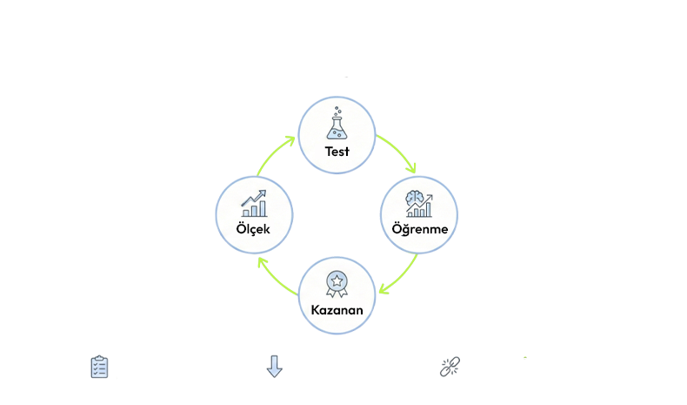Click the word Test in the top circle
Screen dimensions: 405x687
tap(337, 152)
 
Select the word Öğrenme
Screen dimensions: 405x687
tap(420, 229)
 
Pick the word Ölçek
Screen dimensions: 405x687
tap(253, 229)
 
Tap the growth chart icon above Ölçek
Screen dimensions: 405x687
tap(254, 204)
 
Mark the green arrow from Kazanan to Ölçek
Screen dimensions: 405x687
tap(276, 276)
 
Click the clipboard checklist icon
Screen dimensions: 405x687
tap(100, 367)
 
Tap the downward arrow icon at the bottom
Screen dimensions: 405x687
tap(274, 367)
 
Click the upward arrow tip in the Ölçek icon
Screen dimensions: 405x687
tap(263, 193)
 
